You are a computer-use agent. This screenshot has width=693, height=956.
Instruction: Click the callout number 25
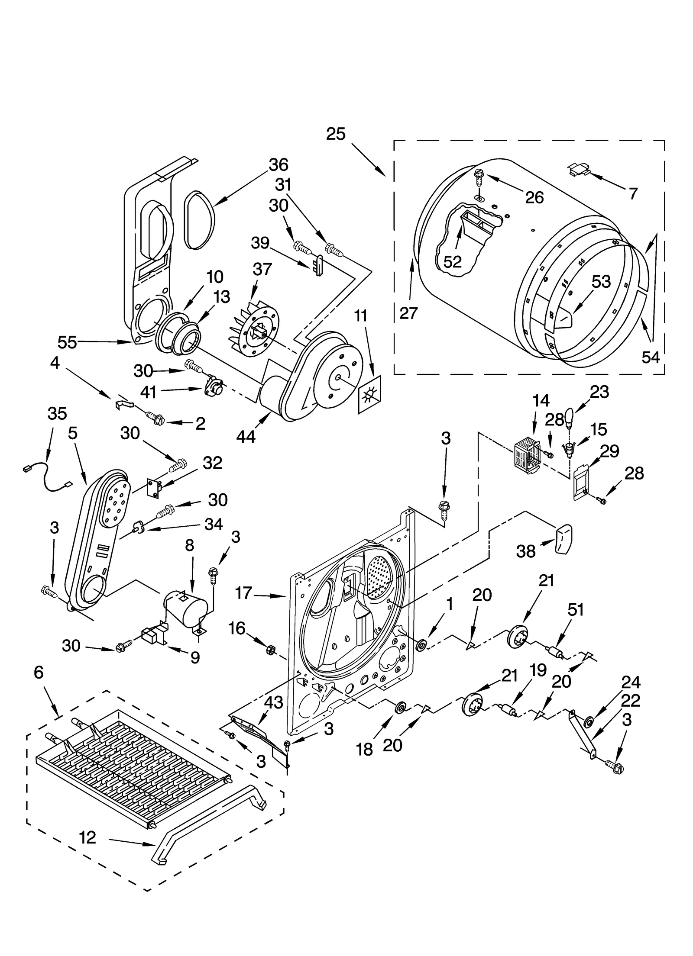pos(336,134)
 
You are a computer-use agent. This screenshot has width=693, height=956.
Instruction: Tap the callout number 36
pos(278,164)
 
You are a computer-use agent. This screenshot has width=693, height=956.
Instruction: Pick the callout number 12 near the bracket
pos(87,837)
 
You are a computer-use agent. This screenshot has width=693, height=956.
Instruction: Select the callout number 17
pos(243,592)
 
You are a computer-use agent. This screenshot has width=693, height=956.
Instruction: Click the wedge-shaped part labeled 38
pos(563,539)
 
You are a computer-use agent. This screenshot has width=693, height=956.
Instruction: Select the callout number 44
pos(246,437)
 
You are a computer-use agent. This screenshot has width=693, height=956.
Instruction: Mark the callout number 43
pos(274,702)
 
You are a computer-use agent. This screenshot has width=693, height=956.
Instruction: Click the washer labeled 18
pos(400,708)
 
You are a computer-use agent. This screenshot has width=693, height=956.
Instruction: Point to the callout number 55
pos(67,342)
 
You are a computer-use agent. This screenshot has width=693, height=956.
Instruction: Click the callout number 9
pos(195,657)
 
